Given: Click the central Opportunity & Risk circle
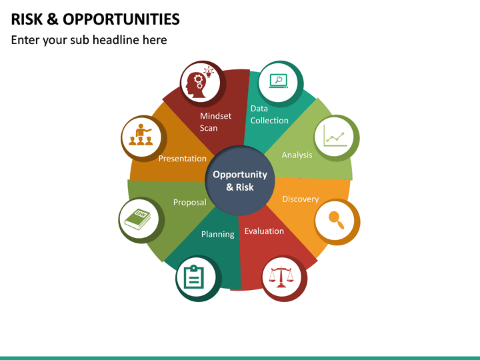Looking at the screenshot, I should pyautogui.click(x=239, y=181).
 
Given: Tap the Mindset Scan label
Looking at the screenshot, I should pyautogui.click(x=215, y=122).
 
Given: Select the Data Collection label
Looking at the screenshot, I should pyautogui.click(x=269, y=115).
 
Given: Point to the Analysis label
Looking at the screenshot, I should pyautogui.click(x=297, y=155).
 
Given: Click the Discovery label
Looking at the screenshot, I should pyautogui.click(x=300, y=199).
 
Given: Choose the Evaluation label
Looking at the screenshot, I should pyautogui.click(x=264, y=231).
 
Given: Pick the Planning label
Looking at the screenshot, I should pyautogui.click(x=218, y=234).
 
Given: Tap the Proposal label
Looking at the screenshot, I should pyautogui.click(x=189, y=202).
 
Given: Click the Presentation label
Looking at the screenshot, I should pyautogui.click(x=182, y=159).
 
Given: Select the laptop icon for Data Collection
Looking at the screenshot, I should pyautogui.click(x=277, y=81).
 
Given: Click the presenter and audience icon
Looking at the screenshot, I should pyautogui.click(x=141, y=135).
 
